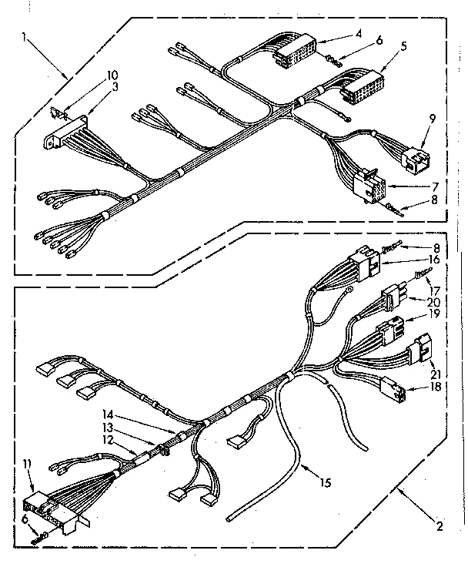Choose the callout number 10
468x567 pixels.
pos(112,75)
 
